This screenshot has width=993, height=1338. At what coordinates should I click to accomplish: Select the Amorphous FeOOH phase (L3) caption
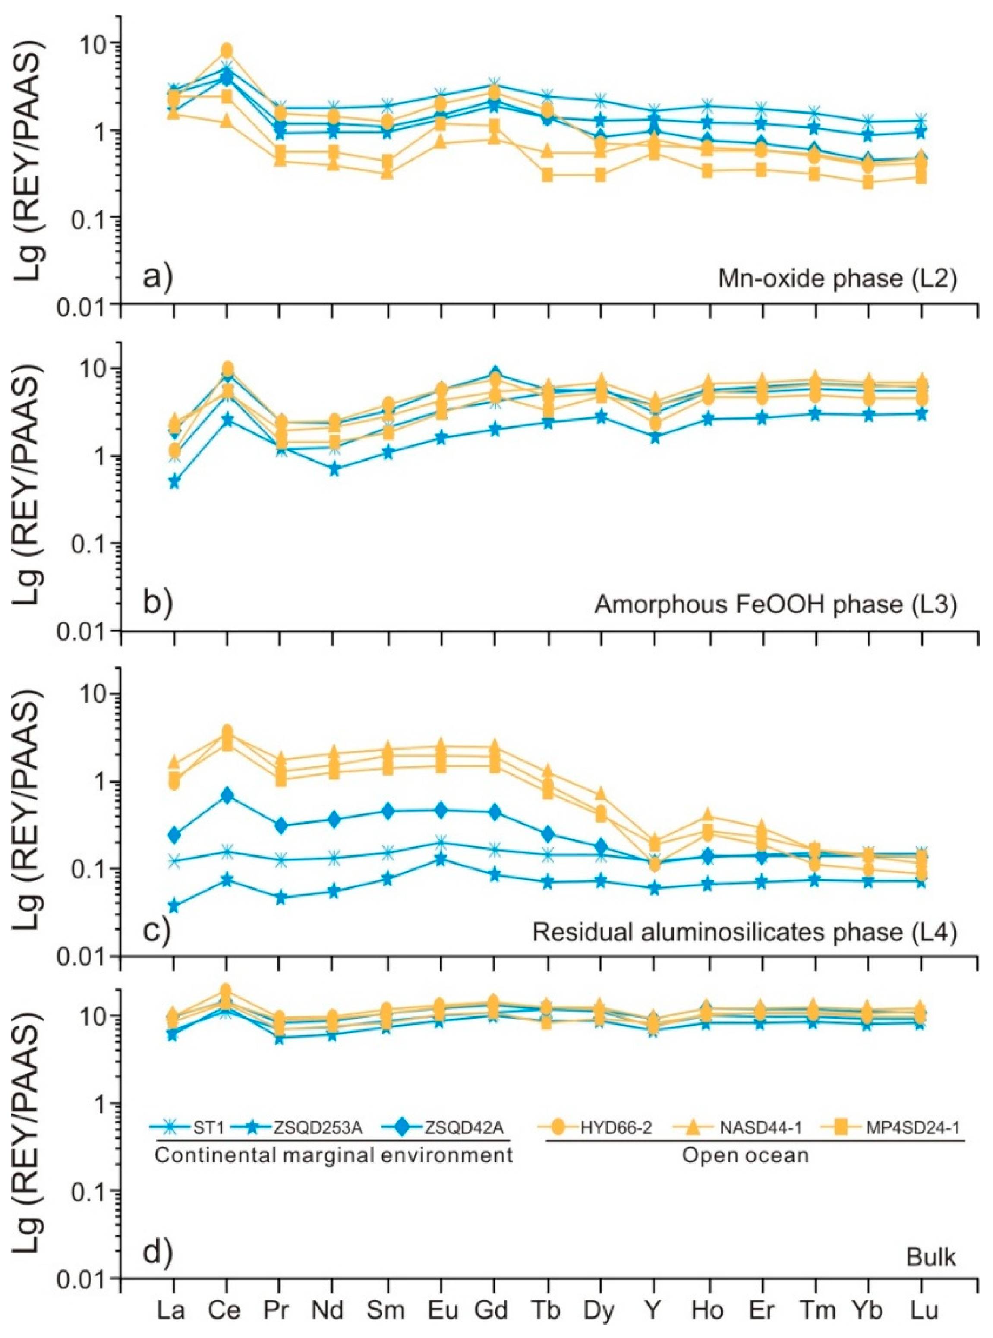tap(775, 605)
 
